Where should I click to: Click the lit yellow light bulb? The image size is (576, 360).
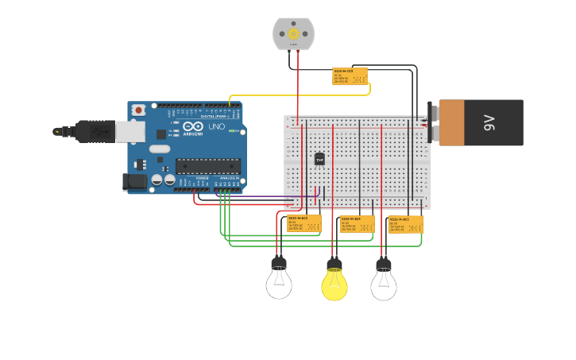[x=334, y=283]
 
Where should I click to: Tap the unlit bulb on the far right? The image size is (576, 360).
[x=384, y=283]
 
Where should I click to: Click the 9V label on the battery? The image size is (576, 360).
[x=489, y=122]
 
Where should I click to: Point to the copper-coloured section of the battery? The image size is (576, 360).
[x=451, y=122]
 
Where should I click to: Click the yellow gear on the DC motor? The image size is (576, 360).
[x=294, y=33]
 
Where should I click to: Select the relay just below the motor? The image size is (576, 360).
[x=350, y=76]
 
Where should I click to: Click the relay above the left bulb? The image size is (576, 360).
[x=304, y=223]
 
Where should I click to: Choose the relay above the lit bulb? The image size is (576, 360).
[x=358, y=224]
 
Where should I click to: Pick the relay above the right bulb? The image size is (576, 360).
[x=405, y=224]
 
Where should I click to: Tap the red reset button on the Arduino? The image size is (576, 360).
[x=139, y=110]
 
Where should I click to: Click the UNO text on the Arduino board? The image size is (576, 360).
[x=216, y=127]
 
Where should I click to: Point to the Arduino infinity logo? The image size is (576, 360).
[x=193, y=126]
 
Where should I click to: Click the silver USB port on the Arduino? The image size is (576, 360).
[x=130, y=131]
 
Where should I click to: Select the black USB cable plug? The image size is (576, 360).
[x=95, y=131]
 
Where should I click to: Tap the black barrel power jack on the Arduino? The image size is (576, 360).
[x=135, y=182]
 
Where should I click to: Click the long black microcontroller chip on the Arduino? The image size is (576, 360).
[x=207, y=165]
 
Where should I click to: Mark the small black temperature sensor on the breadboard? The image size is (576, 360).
[x=319, y=159]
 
